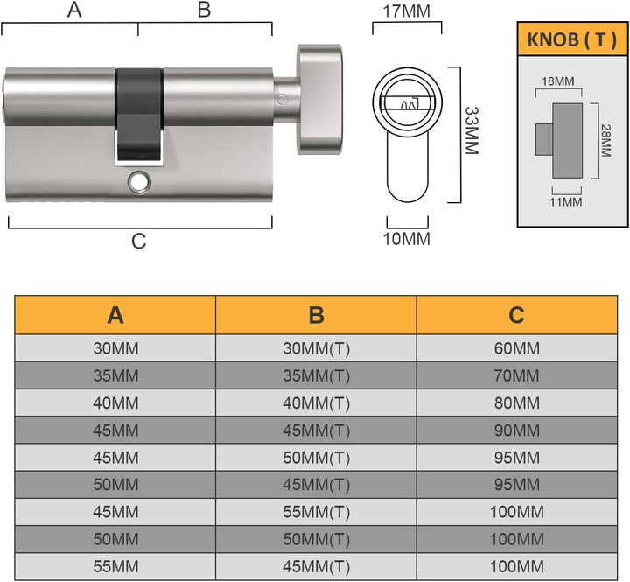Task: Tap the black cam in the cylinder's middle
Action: [139, 114]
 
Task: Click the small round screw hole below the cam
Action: [138, 182]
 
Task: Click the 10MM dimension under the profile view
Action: [408, 239]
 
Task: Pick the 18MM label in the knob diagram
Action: [558, 81]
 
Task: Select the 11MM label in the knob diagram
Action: [566, 202]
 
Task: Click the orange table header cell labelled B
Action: [316, 315]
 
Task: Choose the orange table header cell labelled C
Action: [516, 315]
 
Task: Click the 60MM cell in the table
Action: [516, 348]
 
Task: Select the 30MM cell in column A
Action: [115, 348]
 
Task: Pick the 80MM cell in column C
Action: [516, 403]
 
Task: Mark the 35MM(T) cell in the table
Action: [316, 376]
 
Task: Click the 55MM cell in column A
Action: [115, 567]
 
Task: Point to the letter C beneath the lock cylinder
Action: [138, 242]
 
